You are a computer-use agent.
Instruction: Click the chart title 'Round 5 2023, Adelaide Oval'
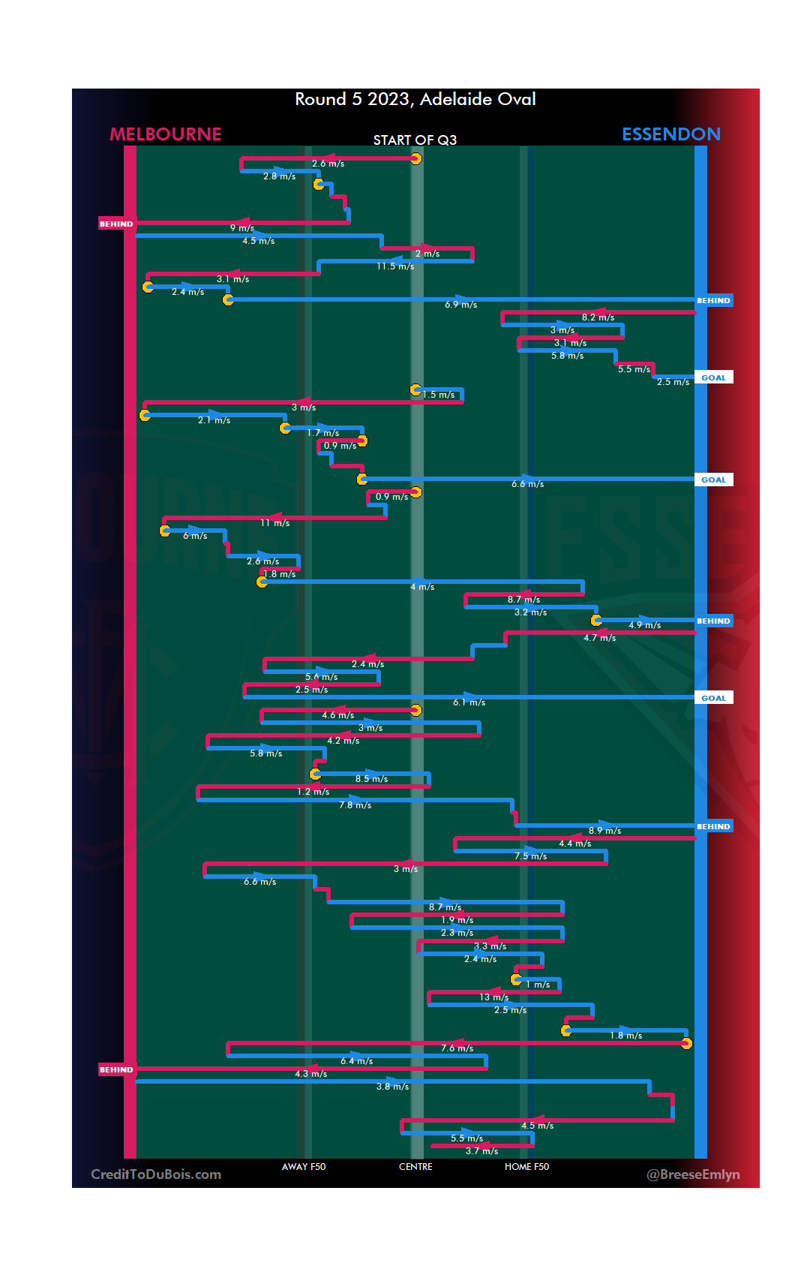click(x=415, y=99)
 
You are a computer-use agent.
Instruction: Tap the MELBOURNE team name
click(x=166, y=134)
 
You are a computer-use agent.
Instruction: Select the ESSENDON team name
click(x=670, y=134)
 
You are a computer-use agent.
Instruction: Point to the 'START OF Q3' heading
click(x=415, y=140)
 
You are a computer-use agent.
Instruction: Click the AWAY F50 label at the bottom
click(x=303, y=1167)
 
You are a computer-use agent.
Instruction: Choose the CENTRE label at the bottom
click(x=415, y=1167)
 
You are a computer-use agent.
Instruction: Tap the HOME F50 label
click(x=526, y=1167)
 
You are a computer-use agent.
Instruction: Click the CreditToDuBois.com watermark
click(x=156, y=1174)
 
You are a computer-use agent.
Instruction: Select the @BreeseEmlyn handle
click(x=693, y=1174)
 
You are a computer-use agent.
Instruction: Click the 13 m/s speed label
click(x=493, y=997)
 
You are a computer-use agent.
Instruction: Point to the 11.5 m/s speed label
click(x=395, y=266)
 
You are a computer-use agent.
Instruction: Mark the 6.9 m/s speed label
click(x=460, y=305)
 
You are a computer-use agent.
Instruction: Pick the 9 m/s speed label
click(x=241, y=228)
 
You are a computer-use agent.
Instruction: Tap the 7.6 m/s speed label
click(x=457, y=1048)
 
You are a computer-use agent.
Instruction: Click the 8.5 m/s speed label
click(x=371, y=779)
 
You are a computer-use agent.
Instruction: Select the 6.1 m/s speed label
click(x=469, y=702)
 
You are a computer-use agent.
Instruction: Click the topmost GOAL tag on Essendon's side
click(x=713, y=377)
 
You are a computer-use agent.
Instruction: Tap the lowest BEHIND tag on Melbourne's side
click(x=116, y=1069)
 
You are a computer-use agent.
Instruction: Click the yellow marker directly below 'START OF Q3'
click(x=415, y=158)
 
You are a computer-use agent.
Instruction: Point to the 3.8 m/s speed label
click(x=392, y=1087)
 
